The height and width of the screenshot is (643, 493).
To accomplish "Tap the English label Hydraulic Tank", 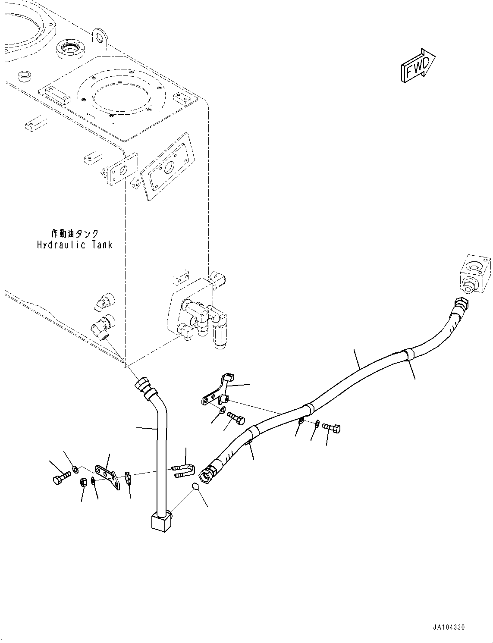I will pyautogui.click(x=75, y=245).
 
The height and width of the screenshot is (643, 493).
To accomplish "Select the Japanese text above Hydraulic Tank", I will pyautogui.click(x=75, y=233).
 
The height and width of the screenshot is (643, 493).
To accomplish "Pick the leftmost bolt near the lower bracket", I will pyautogui.click(x=61, y=480).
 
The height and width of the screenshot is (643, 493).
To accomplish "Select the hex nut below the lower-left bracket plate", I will pyautogui.click(x=84, y=482).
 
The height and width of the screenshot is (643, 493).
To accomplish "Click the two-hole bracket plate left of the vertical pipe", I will pyautogui.click(x=106, y=476).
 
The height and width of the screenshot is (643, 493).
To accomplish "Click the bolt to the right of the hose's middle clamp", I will pyautogui.click(x=331, y=428).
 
